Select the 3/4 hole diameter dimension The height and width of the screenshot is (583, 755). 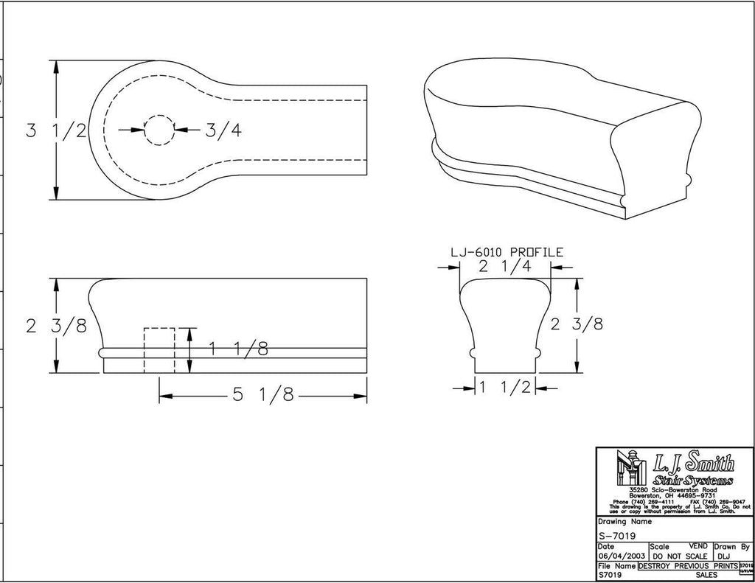point(223,130)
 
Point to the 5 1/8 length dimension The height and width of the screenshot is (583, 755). point(263,395)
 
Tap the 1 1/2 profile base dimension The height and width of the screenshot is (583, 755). point(505,387)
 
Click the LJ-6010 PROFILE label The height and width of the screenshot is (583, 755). point(507,252)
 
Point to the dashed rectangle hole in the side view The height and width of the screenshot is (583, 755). point(159,351)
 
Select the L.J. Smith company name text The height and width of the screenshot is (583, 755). point(693,464)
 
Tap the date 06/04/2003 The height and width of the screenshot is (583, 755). point(622,556)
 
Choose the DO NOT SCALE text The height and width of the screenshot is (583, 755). point(679,556)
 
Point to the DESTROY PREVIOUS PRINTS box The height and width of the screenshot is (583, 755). point(687,565)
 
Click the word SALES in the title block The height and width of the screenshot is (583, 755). point(706,575)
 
